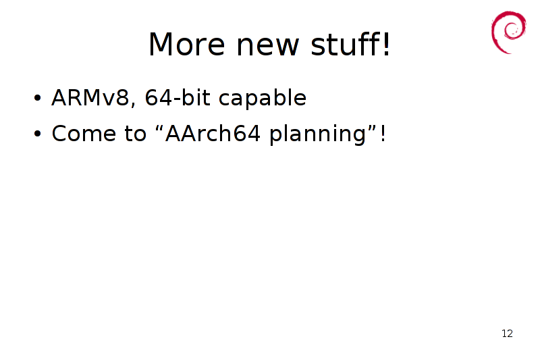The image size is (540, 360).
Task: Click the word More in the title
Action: pyautogui.click(x=187, y=44)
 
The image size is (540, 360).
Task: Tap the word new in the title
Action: pyautogui.click(x=267, y=47)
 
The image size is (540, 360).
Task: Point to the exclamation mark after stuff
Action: pyautogui.click(x=386, y=44)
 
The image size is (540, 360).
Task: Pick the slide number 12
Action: pyautogui.click(x=507, y=334)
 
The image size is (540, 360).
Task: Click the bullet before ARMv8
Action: pyautogui.click(x=37, y=98)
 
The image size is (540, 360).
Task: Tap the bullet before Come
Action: pyautogui.click(x=37, y=134)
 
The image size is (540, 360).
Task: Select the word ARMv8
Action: pyautogui.click(x=90, y=97)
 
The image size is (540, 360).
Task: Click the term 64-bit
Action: pyautogui.click(x=178, y=97)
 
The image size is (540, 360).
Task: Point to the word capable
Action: pyautogui.click(x=263, y=99)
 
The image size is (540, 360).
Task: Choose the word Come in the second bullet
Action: pyautogui.click(x=84, y=133)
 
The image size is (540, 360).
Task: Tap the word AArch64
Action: pyautogui.click(x=213, y=133)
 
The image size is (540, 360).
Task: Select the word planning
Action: pyautogui.click(x=317, y=134)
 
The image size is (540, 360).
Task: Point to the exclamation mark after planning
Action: pyautogui.click(x=383, y=133)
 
